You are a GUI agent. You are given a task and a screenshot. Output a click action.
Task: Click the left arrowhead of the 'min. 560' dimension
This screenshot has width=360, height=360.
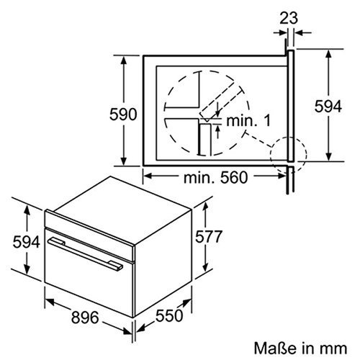click(145, 173)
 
